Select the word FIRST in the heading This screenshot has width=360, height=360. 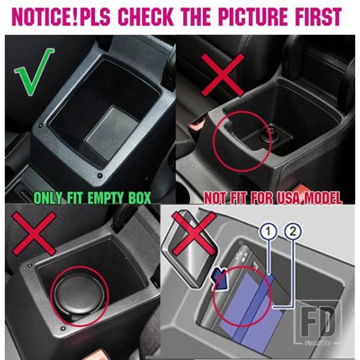[x=318, y=17]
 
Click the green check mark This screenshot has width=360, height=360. [x=34, y=71]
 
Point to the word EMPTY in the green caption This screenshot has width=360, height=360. [x=106, y=198]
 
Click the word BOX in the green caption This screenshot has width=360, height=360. [x=139, y=198]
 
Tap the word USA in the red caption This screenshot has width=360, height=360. [x=290, y=198]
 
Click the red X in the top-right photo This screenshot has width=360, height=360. [x=223, y=75]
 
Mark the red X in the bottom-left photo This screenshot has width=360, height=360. [x=34, y=233]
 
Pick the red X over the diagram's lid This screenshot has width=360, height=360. [x=194, y=233]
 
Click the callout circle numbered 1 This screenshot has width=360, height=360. [x=268, y=232]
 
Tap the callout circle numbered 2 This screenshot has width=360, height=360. [x=293, y=232]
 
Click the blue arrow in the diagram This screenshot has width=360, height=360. [x=219, y=278]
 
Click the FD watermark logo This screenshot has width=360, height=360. [x=317, y=322]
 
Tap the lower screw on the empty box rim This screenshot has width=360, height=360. [x=100, y=176]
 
